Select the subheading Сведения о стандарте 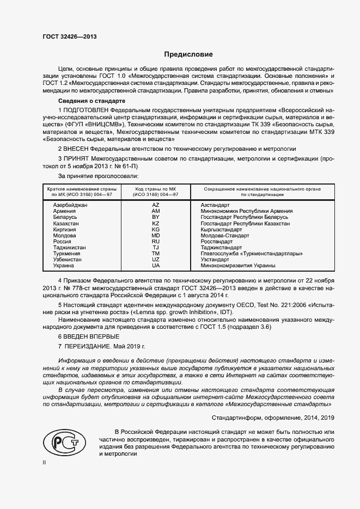point(91,101)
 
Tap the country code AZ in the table point(156,205)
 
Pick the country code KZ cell point(156,223)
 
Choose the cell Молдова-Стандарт point(225,236)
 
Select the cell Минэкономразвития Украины point(238,266)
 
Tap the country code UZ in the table point(156,260)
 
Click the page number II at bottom point(45,463)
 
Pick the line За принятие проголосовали point(99,176)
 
